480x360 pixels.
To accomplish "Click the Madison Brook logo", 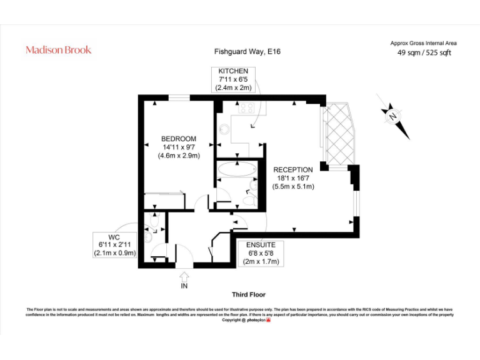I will (58, 49).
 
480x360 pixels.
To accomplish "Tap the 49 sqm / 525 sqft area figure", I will (424, 52).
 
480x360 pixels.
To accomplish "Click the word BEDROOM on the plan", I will (178, 139).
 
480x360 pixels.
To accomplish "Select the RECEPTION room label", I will (292, 169).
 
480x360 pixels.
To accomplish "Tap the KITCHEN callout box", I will (233, 80).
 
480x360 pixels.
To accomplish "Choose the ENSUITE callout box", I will (261, 253).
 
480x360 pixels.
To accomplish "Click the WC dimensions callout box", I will (114, 245).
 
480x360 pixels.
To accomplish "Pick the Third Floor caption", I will (248, 294).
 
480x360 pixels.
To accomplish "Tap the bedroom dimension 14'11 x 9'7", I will (178, 147).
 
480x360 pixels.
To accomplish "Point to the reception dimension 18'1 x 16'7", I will (292, 178).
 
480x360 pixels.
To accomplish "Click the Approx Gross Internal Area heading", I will (424, 43).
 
